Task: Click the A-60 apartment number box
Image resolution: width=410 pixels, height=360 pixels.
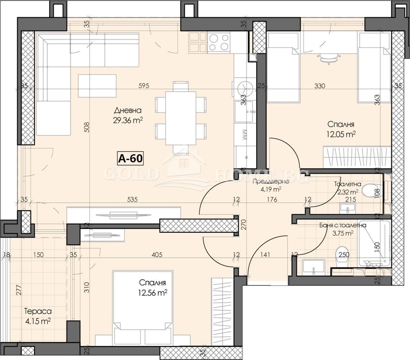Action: coord(130,158)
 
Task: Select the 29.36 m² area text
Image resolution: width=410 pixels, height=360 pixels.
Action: coord(128,120)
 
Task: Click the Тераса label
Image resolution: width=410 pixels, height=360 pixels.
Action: coord(38,311)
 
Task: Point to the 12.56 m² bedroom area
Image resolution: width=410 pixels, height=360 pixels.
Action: coord(153,293)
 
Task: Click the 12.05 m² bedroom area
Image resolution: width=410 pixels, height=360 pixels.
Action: coord(341,134)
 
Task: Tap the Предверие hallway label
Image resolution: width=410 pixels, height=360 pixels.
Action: coord(270,181)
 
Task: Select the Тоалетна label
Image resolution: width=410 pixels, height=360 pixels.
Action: coord(347,184)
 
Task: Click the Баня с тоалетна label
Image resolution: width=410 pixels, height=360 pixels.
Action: coord(343,225)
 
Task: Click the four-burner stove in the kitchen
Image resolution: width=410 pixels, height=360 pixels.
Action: coord(219,43)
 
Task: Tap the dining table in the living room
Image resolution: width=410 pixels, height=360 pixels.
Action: coord(181,118)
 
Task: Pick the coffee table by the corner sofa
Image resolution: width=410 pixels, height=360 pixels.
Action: coord(97,86)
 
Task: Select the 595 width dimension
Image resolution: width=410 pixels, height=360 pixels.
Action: coord(143,86)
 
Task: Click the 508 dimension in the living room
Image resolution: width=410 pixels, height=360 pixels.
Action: coord(87,127)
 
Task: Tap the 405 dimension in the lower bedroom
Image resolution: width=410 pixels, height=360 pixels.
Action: coord(157,254)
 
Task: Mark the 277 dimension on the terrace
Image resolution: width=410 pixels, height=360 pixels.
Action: coord(19,290)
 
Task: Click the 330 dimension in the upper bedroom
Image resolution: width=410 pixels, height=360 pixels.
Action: coord(319,86)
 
